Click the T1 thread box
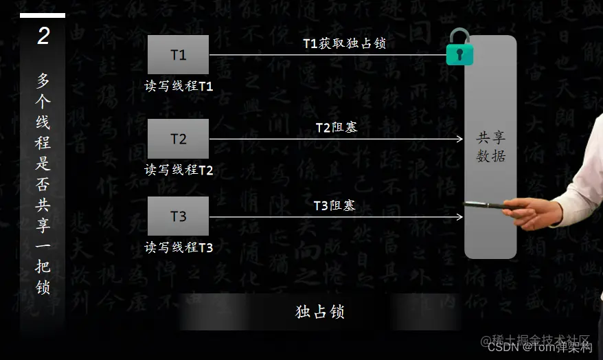pos(178,54)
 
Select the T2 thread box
pos(178,139)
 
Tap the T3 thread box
pos(178,216)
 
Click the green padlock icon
pos(459,49)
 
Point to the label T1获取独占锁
pos(344,43)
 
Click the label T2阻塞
pos(336,127)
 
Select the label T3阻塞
pos(334,205)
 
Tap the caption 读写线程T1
pos(179,87)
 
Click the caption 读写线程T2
pos(179,170)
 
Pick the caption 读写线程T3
pos(179,247)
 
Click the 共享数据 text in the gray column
pos(490,146)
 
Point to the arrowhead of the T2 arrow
pos(460,139)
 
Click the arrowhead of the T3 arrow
pos(460,217)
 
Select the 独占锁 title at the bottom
pos(319,312)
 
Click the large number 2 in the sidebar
pos(43,36)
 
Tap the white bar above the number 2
pos(43,15)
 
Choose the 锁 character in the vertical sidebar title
pos(43,286)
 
